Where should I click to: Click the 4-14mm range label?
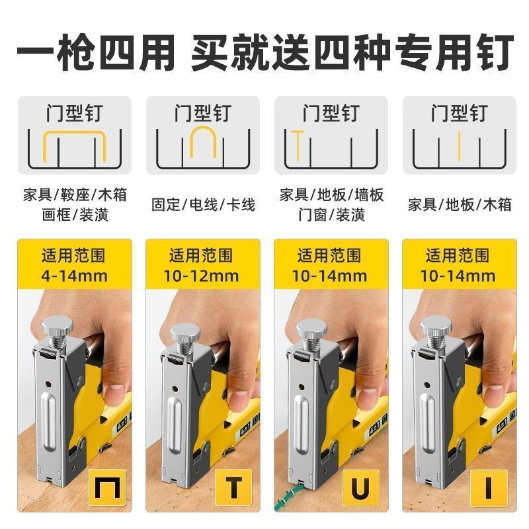[x=75, y=276]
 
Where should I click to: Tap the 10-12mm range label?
[x=202, y=276]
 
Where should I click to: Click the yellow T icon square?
[x=234, y=487]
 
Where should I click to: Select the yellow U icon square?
[x=361, y=487]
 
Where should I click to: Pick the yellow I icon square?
[x=489, y=487]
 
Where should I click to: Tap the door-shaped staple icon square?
[x=107, y=487]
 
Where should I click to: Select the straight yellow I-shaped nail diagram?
[x=459, y=145]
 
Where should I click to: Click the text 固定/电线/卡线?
[x=203, y=205]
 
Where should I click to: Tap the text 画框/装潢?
[x=75, y=215]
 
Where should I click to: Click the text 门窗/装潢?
[x=331, y=215]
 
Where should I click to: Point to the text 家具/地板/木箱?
[x=460, y=205]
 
